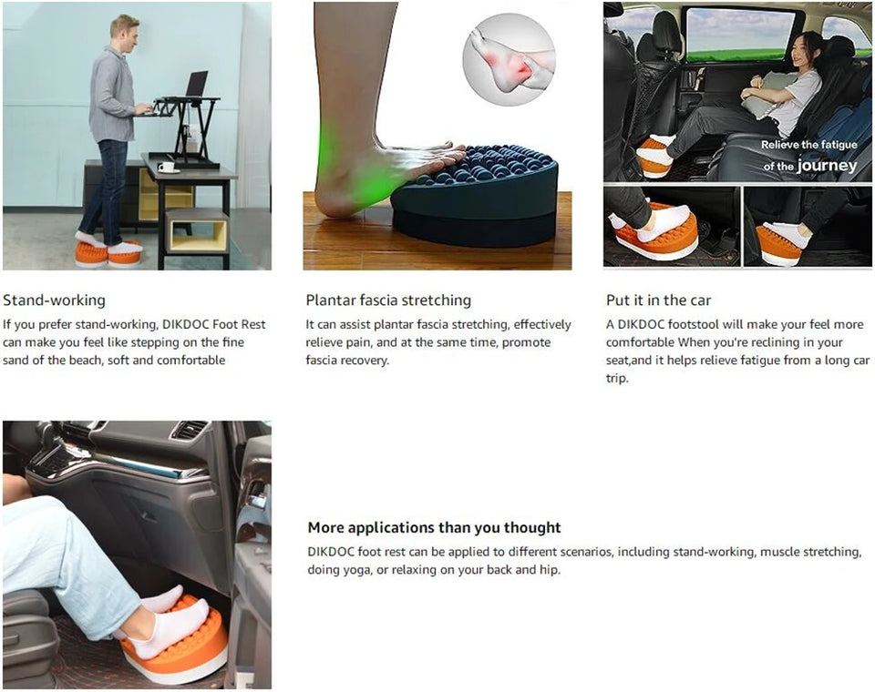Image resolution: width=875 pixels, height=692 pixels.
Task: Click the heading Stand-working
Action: [55, 300]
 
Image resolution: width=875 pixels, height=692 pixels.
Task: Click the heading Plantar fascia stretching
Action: [388, 300]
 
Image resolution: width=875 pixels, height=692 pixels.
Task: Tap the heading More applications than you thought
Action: [434, 527]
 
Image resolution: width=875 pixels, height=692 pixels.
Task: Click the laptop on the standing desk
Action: [195, 85]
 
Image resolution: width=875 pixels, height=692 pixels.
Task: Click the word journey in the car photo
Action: [827, 166]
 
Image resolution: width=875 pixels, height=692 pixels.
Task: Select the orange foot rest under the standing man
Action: [108, 254]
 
